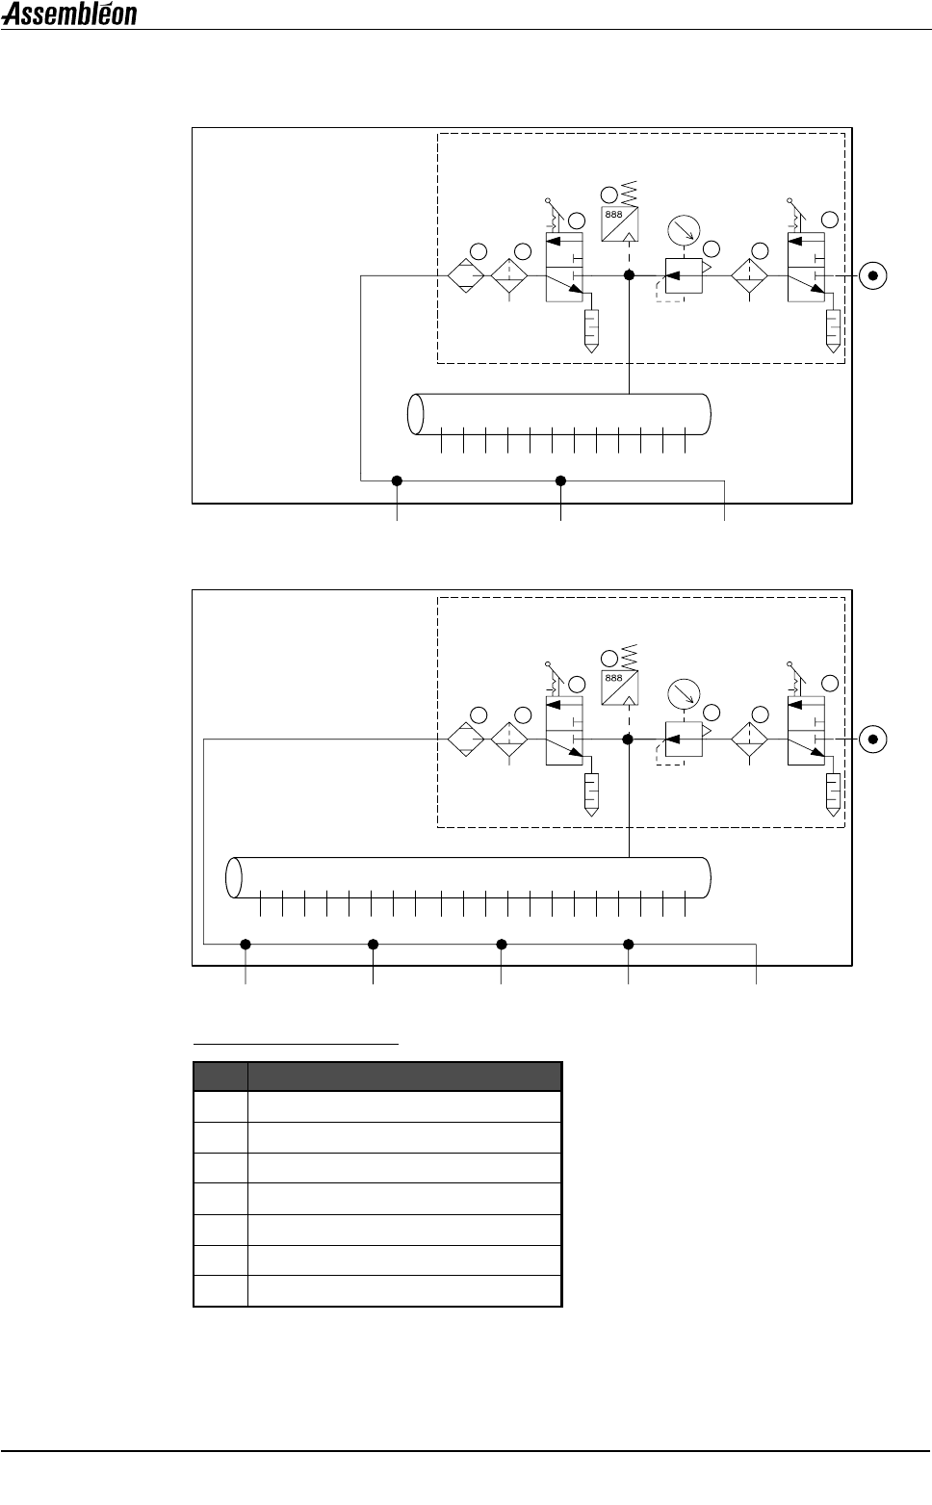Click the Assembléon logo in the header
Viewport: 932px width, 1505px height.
click(69, 14)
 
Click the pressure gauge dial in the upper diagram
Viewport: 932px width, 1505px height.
click(683, 231)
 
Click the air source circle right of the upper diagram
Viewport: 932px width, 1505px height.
click(873, 275)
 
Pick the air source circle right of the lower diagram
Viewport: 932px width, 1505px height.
click(873, 739)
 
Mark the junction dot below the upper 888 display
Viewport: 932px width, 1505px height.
click(629, 275)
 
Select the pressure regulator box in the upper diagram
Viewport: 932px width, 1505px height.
click(684, 275)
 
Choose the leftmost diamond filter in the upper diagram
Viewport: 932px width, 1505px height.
click(465, 275)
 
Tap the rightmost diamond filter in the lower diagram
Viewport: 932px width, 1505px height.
click(750, 739)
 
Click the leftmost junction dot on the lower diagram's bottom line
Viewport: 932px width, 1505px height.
click(246, 945)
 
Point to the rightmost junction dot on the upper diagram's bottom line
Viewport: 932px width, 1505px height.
click(561, 480)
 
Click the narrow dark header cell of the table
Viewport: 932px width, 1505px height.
click(220, 1077)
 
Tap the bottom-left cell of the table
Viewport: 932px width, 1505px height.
click(220, 1291)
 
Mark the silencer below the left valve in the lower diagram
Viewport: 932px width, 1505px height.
click(591, 792)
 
